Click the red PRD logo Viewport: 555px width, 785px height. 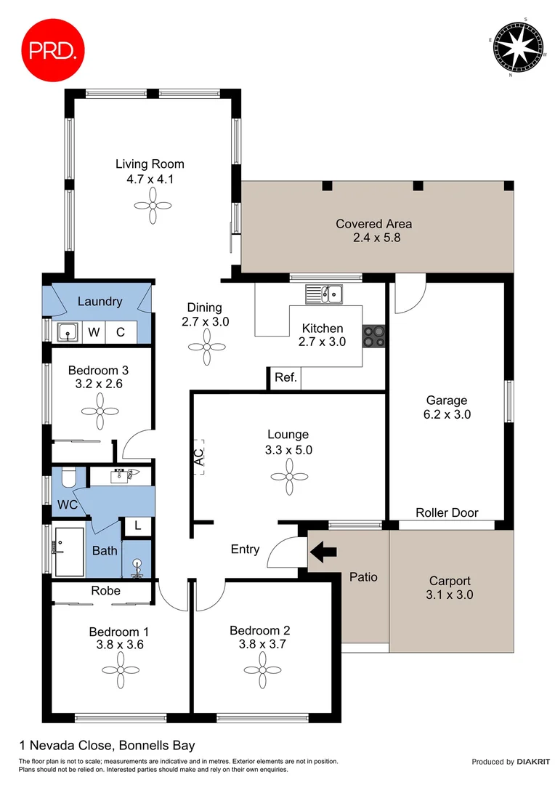pos(52,49)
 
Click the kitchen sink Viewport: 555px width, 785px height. pos(325,294)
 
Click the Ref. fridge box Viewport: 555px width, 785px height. pos(284,378)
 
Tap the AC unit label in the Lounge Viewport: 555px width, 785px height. pos(198,456)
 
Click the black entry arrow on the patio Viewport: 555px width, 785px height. pos(324,553)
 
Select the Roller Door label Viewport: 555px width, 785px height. pos(447,512)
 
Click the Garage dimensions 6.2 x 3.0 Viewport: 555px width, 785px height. pos(447,415)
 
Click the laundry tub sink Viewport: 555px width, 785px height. pos(68,333)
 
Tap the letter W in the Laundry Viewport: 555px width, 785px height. pos(94,333)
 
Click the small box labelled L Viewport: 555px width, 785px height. pos(137,526)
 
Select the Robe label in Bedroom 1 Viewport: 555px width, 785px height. pos(105,591)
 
